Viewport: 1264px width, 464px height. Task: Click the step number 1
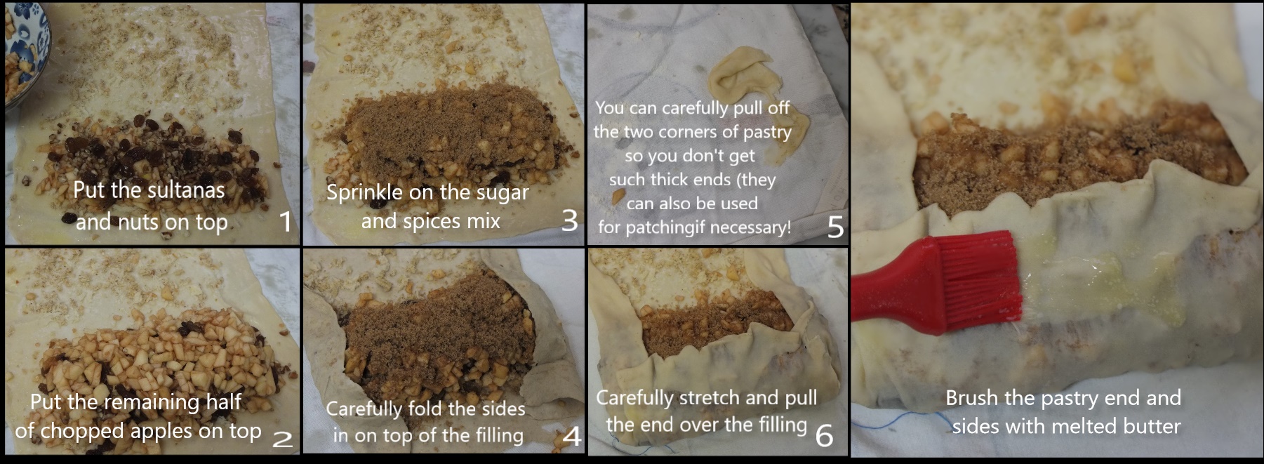(285, 221)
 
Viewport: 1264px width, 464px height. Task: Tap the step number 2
(282, 439)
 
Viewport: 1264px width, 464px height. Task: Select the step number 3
(569, 220)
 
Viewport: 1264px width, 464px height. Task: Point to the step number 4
(572, 437)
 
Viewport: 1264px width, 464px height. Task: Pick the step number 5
(835, 227)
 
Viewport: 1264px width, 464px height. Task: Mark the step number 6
(825, 435)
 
